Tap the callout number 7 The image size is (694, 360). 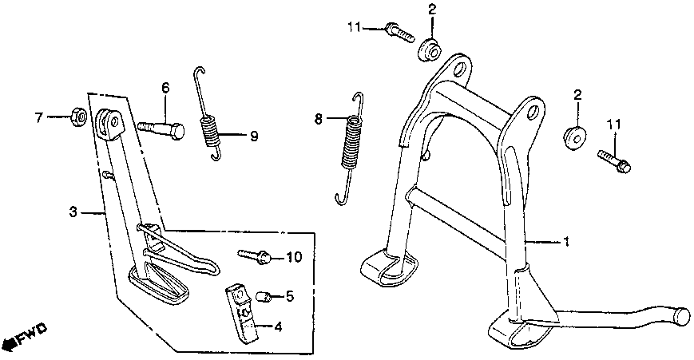[x=38, y=118]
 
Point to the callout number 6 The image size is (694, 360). [x=166, y=87]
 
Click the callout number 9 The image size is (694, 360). [x=254, y=136]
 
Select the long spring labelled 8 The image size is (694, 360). [x=351, y=148]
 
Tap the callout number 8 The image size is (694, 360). [x=318, y=120]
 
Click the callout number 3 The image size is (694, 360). [x=73, y=212]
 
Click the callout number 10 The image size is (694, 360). [x=293, y=257]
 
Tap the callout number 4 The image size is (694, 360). [x=277, y=326]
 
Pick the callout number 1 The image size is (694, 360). [x=566, y=240]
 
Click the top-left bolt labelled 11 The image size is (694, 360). [x=397, y=31]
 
